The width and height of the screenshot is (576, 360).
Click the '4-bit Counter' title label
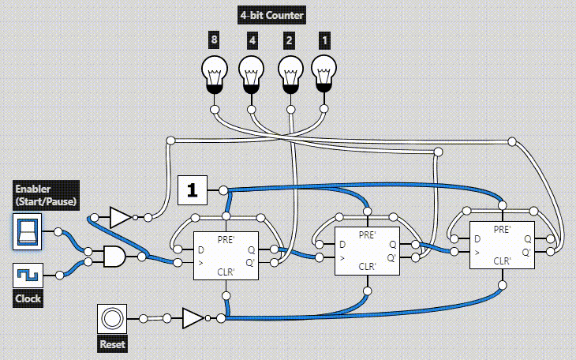pyautogui.click(x=271, y=15)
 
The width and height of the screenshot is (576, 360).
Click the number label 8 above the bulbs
pyautogui.click(x=213, y=39)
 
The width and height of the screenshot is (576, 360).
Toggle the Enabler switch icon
pyautogui.click(x=28, y=231)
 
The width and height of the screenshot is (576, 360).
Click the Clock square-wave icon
pyautogui.click(x=28, y=276)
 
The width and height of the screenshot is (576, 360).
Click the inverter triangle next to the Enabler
pyautogui.click(x=119, y=217)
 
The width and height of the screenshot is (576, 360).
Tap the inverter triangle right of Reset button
pyautogui.click(x=192, y=318)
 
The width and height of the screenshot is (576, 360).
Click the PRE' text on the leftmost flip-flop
pyautogui.click(x=227, y=237)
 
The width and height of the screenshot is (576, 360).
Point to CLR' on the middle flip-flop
pyautogui.click(x=367, y=267)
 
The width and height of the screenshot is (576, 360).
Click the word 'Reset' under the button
pyautogui.click(x=112, y=344)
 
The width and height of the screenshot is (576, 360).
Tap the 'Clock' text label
pyautogui.click(x=28, y=299)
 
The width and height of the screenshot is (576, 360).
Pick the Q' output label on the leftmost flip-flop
pyautogui.click(x=250, y=260)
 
